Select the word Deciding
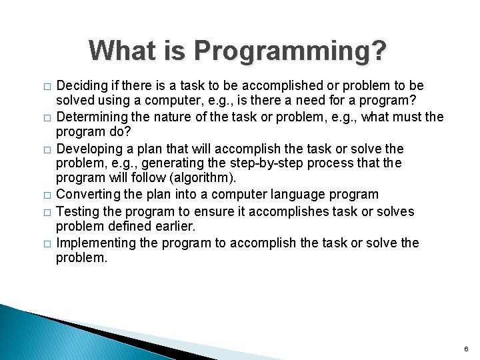tap(80, 86)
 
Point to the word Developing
tap(86, 149)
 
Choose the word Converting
tap(85, 195)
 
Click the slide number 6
tap(466, 349)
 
